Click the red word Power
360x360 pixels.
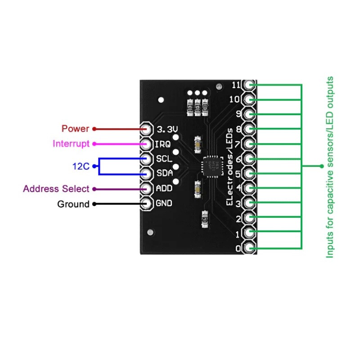75,129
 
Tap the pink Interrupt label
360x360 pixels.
71,144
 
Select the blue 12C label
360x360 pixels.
81,166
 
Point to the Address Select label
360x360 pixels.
56,189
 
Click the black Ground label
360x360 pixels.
73,204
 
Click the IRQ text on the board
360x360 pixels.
162,144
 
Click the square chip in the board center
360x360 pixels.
211,166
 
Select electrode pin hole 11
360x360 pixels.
249,85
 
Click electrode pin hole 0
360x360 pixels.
249,247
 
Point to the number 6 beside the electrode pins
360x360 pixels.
238,159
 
